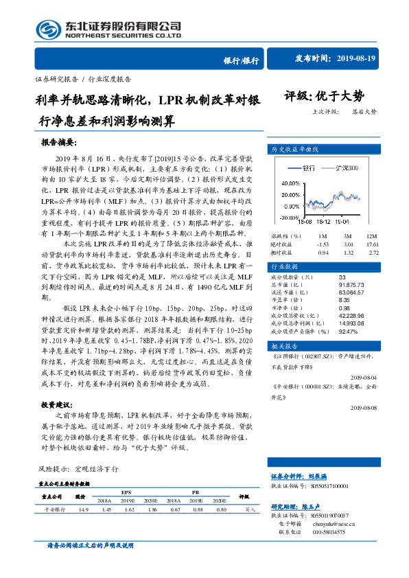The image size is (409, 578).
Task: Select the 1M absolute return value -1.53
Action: [323, 244]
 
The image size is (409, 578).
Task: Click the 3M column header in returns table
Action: [348, 235]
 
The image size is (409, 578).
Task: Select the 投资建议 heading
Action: [56, 405]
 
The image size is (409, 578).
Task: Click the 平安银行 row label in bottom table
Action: [54, 509]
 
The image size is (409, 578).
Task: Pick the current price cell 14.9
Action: [84, 509]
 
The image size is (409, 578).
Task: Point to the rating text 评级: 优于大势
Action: [324, 95]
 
